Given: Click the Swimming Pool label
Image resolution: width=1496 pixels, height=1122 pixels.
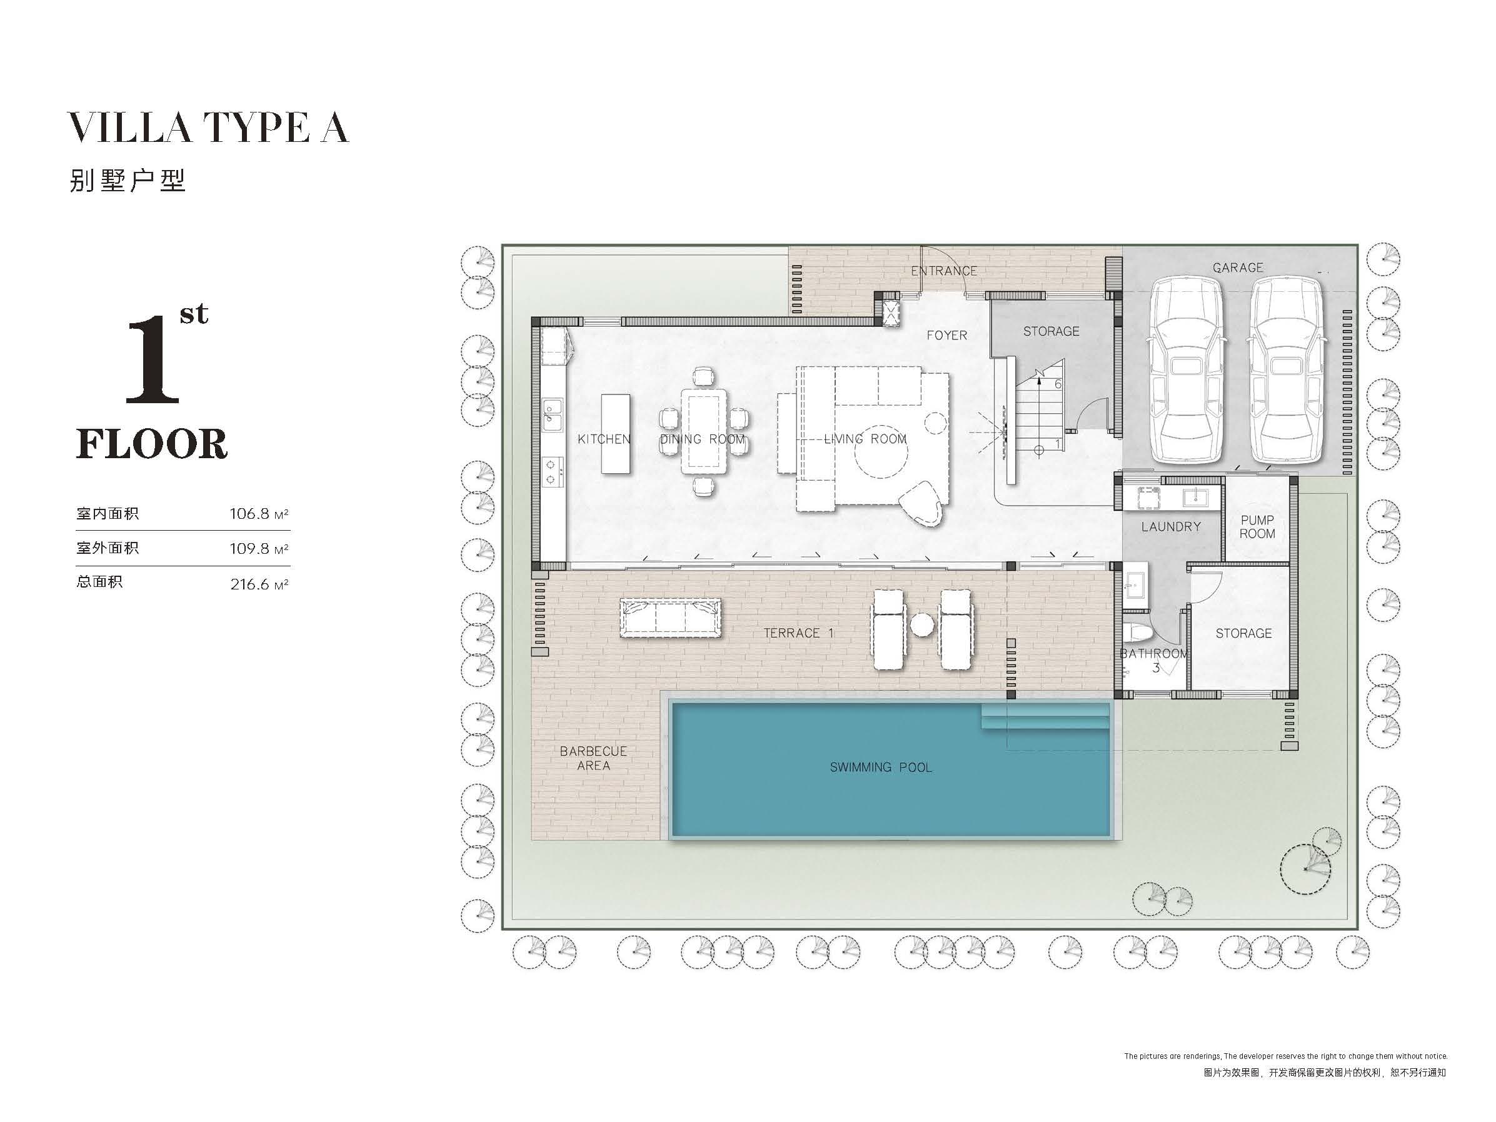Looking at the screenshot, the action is (x=881, y=767).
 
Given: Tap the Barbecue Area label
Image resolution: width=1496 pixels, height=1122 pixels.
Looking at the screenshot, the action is (x=593, y=758).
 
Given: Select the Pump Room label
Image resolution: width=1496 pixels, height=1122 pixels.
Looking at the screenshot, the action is (x=1257, y=526).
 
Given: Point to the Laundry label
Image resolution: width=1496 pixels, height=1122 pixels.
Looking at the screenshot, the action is (x=1171, y=526).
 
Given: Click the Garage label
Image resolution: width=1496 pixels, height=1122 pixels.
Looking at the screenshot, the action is (x=1238, y=268).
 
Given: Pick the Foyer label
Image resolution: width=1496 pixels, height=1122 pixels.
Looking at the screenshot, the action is (x=947, y=335).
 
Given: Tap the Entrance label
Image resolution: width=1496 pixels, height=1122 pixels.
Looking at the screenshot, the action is (x=944, y=271).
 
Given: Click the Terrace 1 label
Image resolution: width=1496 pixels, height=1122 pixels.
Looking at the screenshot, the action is (x=799, y=633).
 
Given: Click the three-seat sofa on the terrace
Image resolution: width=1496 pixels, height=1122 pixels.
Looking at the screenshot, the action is (x=670, y=618).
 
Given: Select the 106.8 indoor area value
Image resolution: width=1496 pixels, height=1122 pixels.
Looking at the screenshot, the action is (x=249, y=514).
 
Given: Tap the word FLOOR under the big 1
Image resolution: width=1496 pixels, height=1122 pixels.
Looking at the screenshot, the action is (x=151, y=444).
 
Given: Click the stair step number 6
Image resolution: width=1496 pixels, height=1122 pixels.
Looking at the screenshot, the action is (x=1058, y=384).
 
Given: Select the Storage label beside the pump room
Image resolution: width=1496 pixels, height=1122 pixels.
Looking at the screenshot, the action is (x=1243, y=633).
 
